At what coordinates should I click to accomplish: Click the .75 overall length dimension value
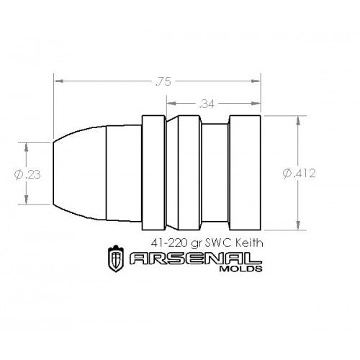[157, 81]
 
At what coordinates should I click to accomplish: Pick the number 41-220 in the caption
[175, 243]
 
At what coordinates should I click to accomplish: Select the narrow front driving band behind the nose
[152, 174]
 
